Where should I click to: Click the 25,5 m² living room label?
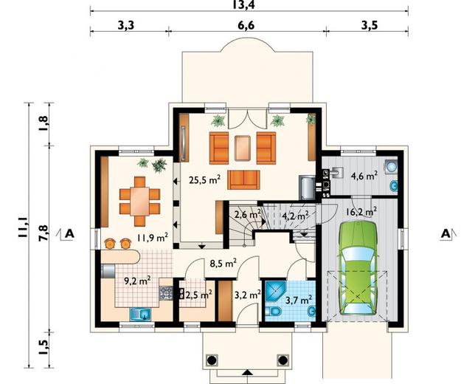(x=204, y=179)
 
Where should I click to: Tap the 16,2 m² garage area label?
(x=361, y=211)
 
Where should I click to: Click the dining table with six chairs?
(x=139, y=202)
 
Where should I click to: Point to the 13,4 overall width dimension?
(x=243, y=4)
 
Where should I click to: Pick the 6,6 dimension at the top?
(x=246, y=26)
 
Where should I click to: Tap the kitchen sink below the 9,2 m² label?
(x=140, y=314)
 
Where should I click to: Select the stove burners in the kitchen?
(x=166, y=293)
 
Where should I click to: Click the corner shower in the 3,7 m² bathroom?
(x=275, y=292)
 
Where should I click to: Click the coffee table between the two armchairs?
(x=243, y=148)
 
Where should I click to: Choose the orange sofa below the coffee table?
(x=243, y=180)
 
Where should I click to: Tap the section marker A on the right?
(x=445, y=234)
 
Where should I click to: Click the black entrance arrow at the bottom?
(x=248, y=372)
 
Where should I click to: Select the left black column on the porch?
(x=212, y=360)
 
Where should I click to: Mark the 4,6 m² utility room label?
(x=364, y=175)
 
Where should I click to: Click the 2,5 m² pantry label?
(x=198, y=294)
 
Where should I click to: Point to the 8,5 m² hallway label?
(x=223, y=263)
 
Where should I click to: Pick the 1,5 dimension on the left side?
(x=43, y=347)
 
